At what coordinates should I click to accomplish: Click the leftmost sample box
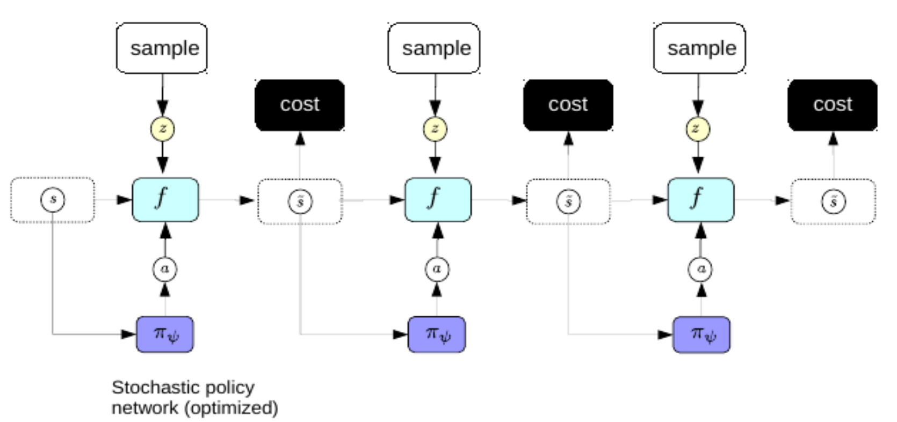tap(162, 48)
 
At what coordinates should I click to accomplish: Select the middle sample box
tap(434, 48)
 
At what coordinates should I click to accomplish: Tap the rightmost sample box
tap(699, 48)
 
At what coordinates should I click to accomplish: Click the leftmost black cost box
tap(300, 105)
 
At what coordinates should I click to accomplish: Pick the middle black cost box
tap(568, 105)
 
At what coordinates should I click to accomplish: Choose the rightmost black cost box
tap(833, 105)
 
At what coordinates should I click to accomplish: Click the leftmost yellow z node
tap(162, 129)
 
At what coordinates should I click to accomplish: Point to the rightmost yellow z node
tap(698, 129)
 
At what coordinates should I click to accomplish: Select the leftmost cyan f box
tap(165, 200)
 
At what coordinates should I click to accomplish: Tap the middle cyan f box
tap(438, 200)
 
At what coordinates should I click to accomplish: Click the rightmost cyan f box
tap(700, 200)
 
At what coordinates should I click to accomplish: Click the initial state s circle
tap(52, 200)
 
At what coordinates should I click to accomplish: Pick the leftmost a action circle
tap(165, 268)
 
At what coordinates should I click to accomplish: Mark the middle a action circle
tap(437, 268)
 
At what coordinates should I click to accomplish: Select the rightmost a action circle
tap(700, 268)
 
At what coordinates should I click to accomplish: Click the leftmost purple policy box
tap(165, 334)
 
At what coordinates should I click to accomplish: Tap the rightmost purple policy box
tap(701, 334)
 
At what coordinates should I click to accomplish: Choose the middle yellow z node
tap(435, 129)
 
